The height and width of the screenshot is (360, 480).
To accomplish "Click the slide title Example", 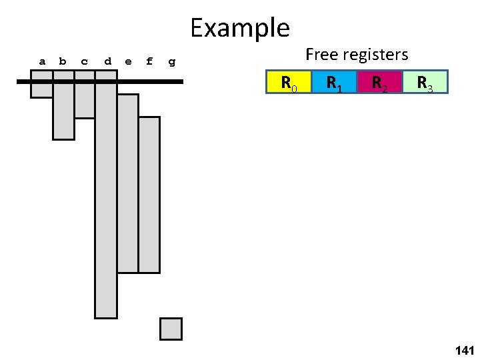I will click(x=239, y=28).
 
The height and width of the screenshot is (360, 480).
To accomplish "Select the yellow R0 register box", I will click(x=289, y=82).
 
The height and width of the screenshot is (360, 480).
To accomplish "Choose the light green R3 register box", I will click(x=425, y=82).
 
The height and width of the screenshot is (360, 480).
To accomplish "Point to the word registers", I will click(x=378, y=55).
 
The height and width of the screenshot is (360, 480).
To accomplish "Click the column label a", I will click(x=42, y=61).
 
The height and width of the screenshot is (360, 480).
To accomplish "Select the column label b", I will click(x=63, y=61).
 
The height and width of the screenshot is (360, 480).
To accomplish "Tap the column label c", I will click(x=84, y=61).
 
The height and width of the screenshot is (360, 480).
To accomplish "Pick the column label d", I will click(x=107, y=61).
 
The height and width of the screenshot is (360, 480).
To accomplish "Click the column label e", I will click(x=128, y=61).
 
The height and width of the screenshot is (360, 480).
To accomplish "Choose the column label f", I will click(x=149, y=61).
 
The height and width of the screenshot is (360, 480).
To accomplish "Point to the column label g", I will click(x=172, y=62).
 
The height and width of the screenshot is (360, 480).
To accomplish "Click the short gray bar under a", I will click(x=41, y=90).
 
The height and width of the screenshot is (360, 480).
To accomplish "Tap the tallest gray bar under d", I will click(x=106, y=200).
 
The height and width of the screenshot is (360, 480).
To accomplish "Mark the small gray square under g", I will click(x=171, y=329).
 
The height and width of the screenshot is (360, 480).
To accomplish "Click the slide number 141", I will click(x=463, y=349).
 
